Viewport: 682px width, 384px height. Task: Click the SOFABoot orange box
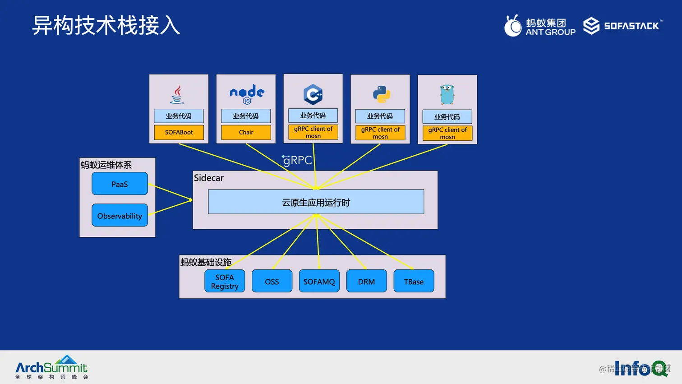pos(179,132)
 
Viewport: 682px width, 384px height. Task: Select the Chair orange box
pos(246,132)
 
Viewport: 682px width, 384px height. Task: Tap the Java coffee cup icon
pos(177,94)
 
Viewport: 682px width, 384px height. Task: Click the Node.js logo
pos(247,94)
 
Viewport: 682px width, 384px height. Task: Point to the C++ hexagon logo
pos(313,94)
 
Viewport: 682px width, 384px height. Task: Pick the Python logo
pos(382,94)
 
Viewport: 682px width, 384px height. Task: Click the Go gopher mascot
pos(447,95)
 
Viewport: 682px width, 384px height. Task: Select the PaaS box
pos(120,184)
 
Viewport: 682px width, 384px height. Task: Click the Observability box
pos(120,216)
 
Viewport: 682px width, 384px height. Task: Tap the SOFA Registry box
pos(225,281)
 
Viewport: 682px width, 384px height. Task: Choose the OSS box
pos(272,281)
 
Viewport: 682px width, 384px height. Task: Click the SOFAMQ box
pos(319,281)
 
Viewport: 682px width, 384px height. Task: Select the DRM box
pos(366,281)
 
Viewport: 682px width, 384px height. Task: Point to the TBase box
pos(414,281)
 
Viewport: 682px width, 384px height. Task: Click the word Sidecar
pos(209,178)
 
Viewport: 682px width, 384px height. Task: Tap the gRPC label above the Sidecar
pos(297,160)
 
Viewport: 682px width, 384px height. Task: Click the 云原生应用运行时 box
pos(316,202)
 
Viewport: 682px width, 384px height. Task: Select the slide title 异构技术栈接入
pos(106,25)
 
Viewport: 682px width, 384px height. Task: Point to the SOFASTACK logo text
pos(631,26)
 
